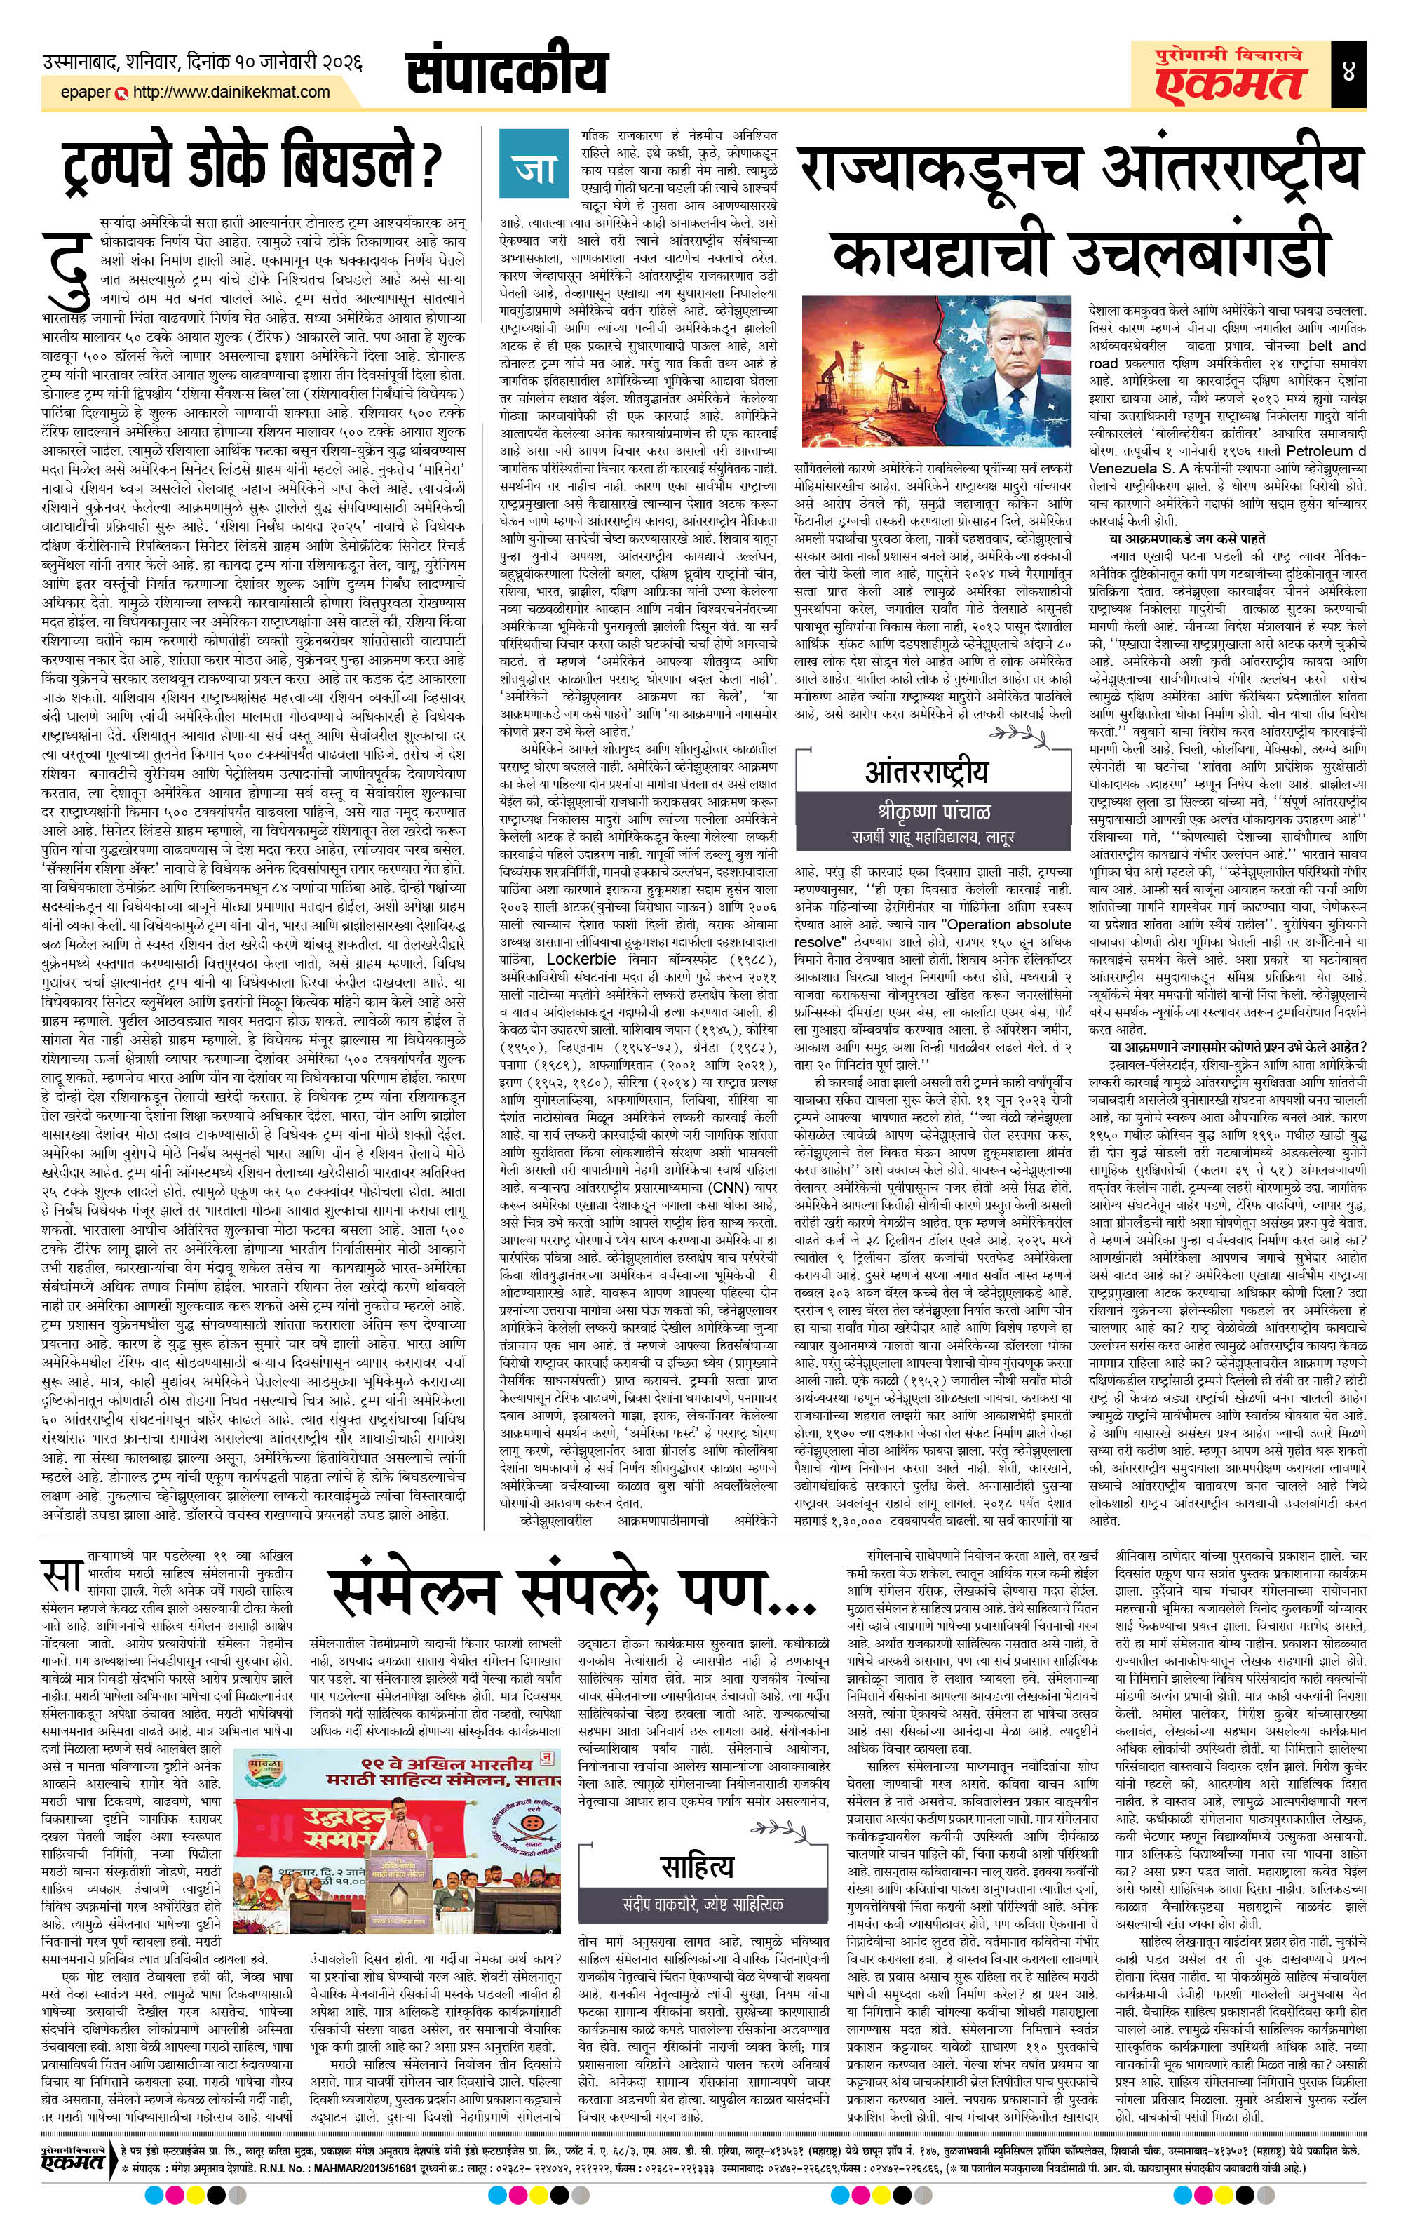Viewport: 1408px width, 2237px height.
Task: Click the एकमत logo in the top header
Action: click(1231, 83)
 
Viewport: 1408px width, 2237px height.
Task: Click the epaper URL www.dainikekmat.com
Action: click(231, 92)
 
